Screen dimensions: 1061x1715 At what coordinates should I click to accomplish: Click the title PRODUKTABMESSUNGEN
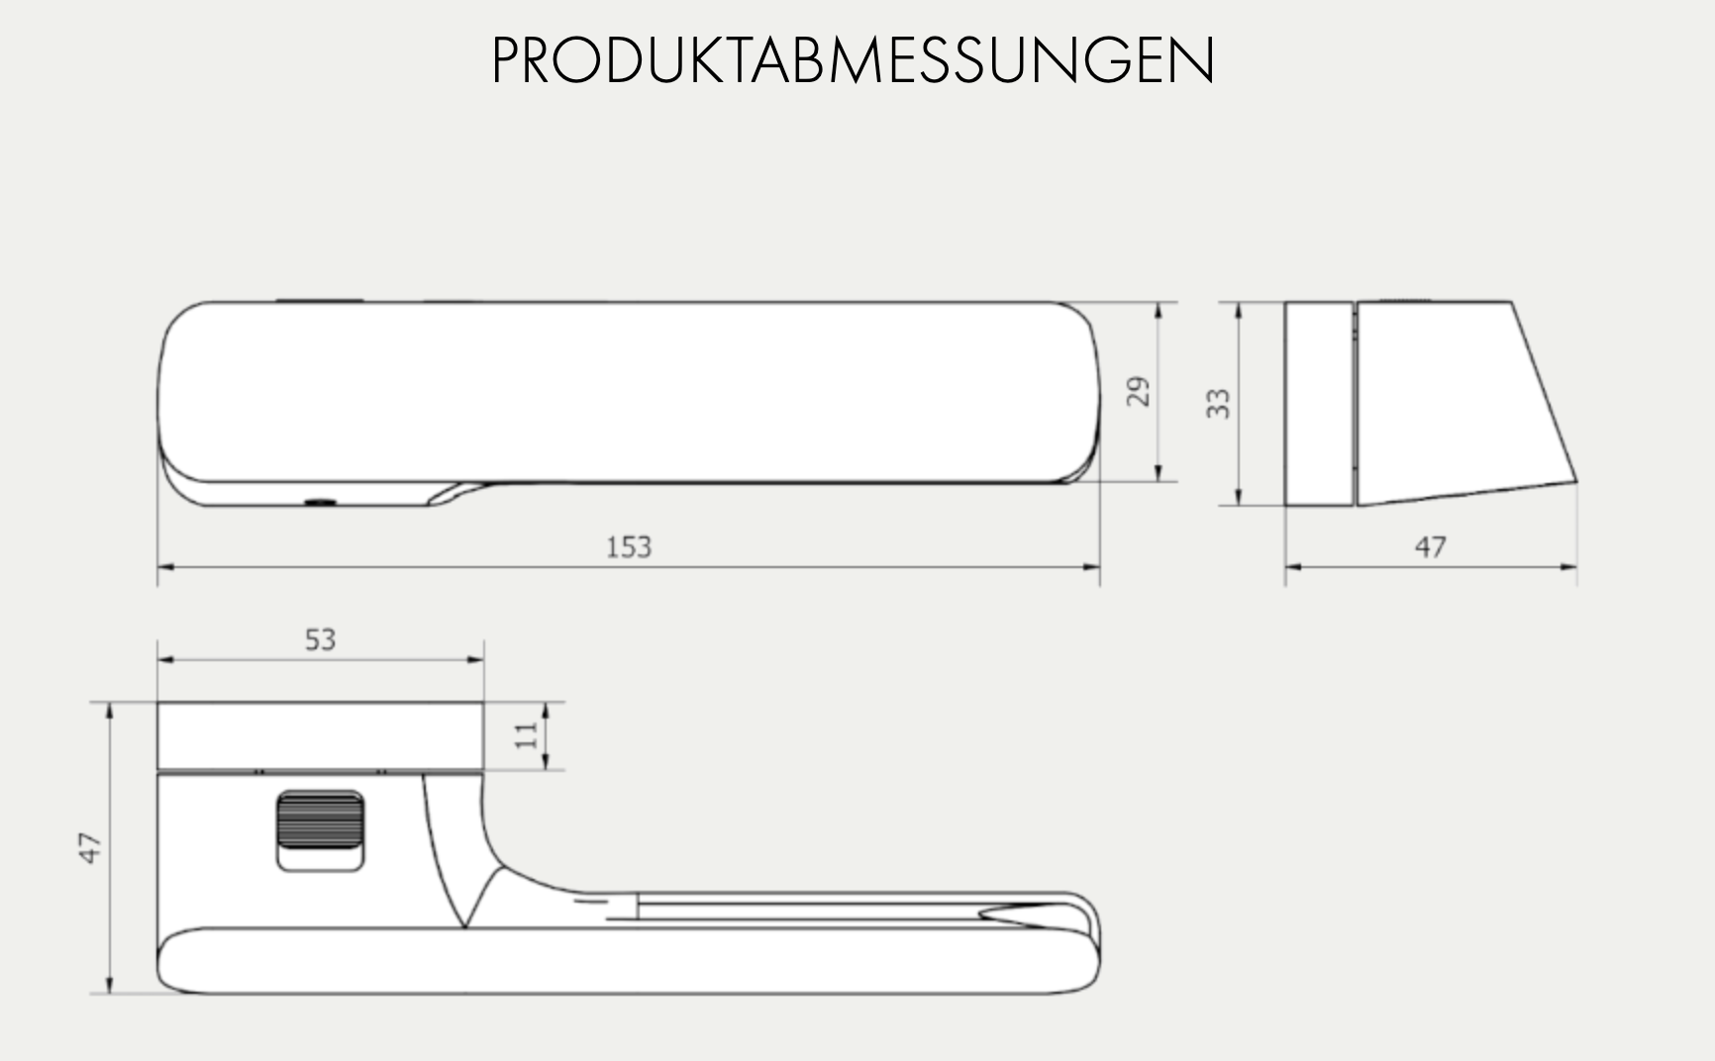pos(853,61)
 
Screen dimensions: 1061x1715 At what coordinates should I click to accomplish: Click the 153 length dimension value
pos(629,547)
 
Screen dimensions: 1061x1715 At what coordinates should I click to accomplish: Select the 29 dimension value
pos(1139,392)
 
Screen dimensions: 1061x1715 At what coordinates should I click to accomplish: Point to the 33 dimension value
pos(1218,403)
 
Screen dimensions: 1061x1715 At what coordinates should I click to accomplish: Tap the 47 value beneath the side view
pos(1430,547)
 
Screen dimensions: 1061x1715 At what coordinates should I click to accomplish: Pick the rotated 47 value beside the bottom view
pos(90,848)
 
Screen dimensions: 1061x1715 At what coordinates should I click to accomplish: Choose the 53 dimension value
pos(320,640)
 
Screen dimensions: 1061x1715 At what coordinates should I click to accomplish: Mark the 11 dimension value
pos(526,734)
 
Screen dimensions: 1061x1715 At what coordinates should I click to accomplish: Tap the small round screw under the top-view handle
pos(320,503)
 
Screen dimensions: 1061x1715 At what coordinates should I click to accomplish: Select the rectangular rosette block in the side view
pos(1318,404)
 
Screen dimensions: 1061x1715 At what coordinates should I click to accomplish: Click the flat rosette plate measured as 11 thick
pos(320,735)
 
